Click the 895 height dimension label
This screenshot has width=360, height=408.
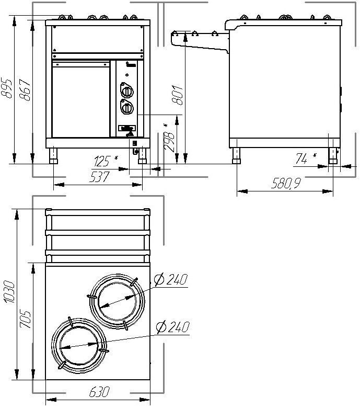pos(6,88)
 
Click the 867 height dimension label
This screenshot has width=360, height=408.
pos(25,90)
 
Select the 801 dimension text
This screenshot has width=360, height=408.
pos(178,95)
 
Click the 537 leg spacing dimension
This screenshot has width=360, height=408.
pos(100,177)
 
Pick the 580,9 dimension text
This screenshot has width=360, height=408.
pos(286,183)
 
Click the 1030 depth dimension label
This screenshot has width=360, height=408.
pos(9,292)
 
